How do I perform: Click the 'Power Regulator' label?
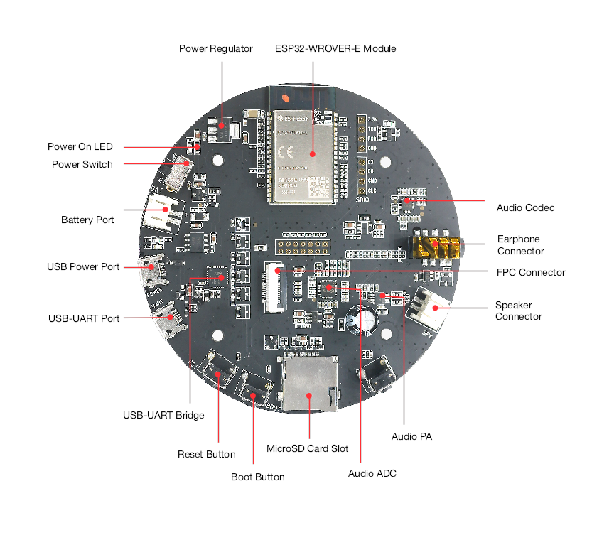point(215,49)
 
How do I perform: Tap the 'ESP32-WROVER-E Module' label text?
point(335,49)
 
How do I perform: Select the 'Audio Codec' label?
point(525,208)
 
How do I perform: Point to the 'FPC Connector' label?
point(531,272)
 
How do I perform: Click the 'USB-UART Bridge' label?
point(163,415)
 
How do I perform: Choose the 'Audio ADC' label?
point(372,473)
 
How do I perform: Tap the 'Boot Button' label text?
point(258,477)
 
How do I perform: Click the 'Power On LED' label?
point(80,147)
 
